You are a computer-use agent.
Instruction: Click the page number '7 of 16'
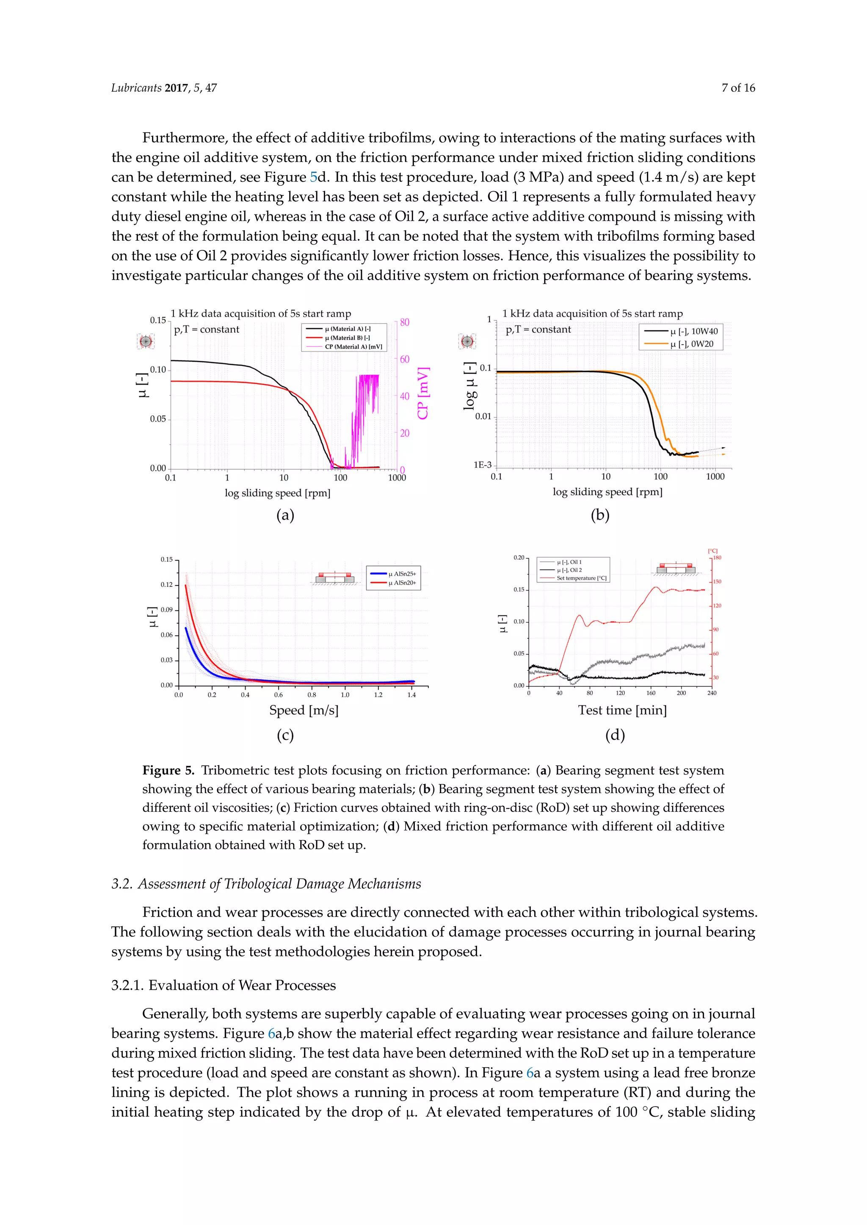[x=738, y=88]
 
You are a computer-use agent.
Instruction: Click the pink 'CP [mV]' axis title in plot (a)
[x=423, y=393]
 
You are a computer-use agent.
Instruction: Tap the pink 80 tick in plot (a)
[x=405, y=322]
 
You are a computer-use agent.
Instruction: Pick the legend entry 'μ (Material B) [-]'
[x=347, y=338]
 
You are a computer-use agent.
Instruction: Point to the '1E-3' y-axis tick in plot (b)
[x=482, y=465]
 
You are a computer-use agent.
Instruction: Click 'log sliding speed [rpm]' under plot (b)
[x=607, y=492]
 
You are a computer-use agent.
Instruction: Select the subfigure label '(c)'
[x=285, y=735]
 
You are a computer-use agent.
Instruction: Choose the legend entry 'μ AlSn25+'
[x=401, y=574]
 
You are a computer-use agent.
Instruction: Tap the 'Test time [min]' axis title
[x=622, y=710]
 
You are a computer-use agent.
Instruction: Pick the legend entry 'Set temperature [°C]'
[x=581, y=578]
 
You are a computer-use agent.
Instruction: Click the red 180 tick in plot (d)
[x=717, y=558]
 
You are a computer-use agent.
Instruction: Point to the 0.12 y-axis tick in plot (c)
[x=166, y=585]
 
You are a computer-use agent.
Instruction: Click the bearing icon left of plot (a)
[x=145, y=341]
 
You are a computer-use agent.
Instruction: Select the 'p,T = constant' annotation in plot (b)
[x=538, y=330]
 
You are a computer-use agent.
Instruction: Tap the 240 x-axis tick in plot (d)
[x=712, y=693]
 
